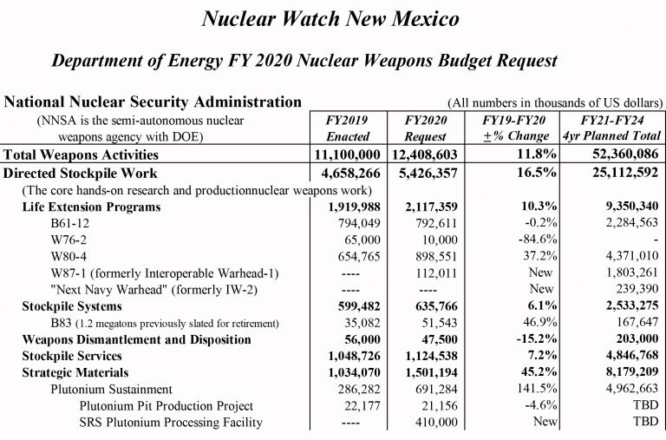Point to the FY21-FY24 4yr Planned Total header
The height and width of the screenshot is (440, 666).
[613, 128]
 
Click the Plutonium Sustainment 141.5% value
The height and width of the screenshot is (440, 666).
[526, 390]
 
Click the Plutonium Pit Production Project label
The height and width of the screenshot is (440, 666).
[166, 406]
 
